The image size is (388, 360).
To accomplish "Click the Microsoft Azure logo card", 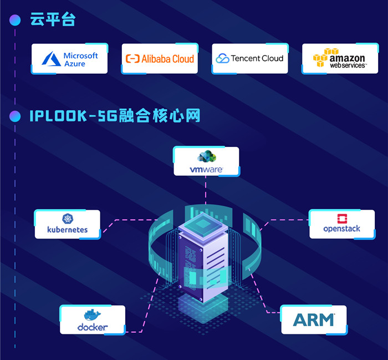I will [x=69, y=59].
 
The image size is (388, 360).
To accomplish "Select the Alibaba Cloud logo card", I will [x=160, y=59].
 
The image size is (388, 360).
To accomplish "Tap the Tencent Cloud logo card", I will [x=250, y=58].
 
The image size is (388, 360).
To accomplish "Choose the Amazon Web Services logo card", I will [x=340, y=59].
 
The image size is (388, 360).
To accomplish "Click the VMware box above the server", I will [x=206, y=161].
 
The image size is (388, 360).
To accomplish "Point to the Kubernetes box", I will [x=68, y=224].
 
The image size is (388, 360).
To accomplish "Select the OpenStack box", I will [x=342, y=224].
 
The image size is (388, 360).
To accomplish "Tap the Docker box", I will [x=93, y=320].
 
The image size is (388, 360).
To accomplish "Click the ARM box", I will [x=314, y=320].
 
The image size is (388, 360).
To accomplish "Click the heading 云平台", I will [x=53, y=21].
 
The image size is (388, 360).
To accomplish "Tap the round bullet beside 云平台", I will [x=15, y=21].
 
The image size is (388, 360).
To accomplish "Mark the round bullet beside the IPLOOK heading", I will [x=15, y=116].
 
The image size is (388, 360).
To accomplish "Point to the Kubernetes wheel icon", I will [x=68, y=219].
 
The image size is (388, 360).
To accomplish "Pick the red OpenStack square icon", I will [x=342, y=218].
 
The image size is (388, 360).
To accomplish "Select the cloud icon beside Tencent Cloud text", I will [x=222, y=58].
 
